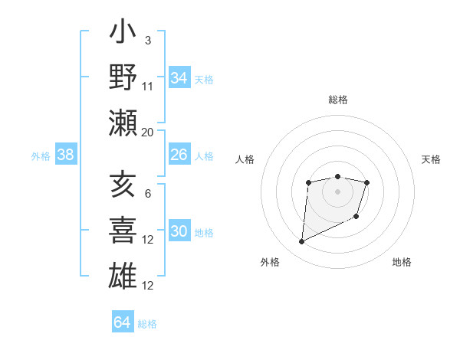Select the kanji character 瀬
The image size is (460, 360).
point(123,123)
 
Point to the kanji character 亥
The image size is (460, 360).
point(123,185)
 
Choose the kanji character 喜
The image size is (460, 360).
point(123,231)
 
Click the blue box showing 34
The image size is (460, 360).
point(179,78)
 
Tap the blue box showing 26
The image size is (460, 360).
point(179,155)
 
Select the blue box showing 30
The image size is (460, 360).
point(179,232)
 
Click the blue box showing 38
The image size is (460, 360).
point(66,155)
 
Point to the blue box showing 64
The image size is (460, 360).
point(122,322)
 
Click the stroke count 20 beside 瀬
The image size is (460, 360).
point(147,133)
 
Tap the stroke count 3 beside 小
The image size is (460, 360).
point(147,40)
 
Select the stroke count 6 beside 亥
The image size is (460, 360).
point(147,194)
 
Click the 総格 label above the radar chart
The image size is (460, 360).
point(338,100)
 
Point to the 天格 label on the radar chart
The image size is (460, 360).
point(432,160)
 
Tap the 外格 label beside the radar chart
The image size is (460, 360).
point(270,263)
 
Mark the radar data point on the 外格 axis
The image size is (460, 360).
point(301,242)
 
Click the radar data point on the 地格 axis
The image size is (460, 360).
point(357,218)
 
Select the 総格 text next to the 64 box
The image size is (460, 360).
point(147,324)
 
